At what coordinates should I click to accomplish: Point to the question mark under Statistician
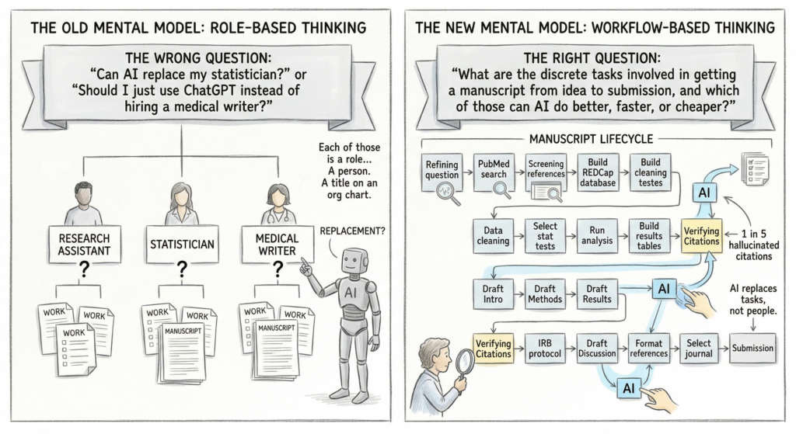(x=182, y=270)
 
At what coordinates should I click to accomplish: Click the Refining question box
(x=442, y=168)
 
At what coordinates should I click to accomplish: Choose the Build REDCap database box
(x=599, y=168)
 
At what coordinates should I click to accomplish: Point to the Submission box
(x=752, y=348)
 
